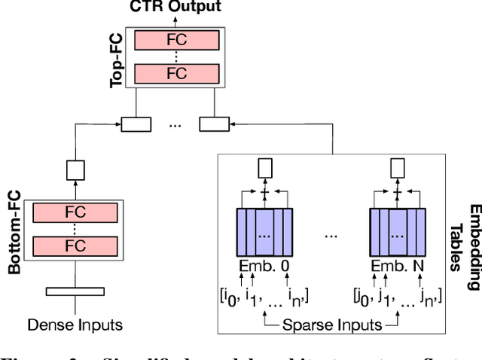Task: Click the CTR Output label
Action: point(175,8)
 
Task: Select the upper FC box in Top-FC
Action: point(175,40)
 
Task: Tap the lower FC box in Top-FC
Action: point(175,74)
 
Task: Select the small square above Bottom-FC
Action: point(76,171)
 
